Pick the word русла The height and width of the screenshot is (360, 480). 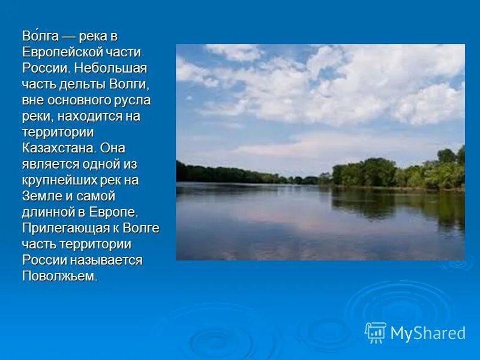pos(134,99)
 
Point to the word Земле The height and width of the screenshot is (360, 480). pos(41,195)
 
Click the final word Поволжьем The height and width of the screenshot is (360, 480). pos(58,275)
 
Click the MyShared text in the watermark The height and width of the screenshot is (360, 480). pos(428,333)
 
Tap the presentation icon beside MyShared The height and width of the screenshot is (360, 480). pos(376,332)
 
